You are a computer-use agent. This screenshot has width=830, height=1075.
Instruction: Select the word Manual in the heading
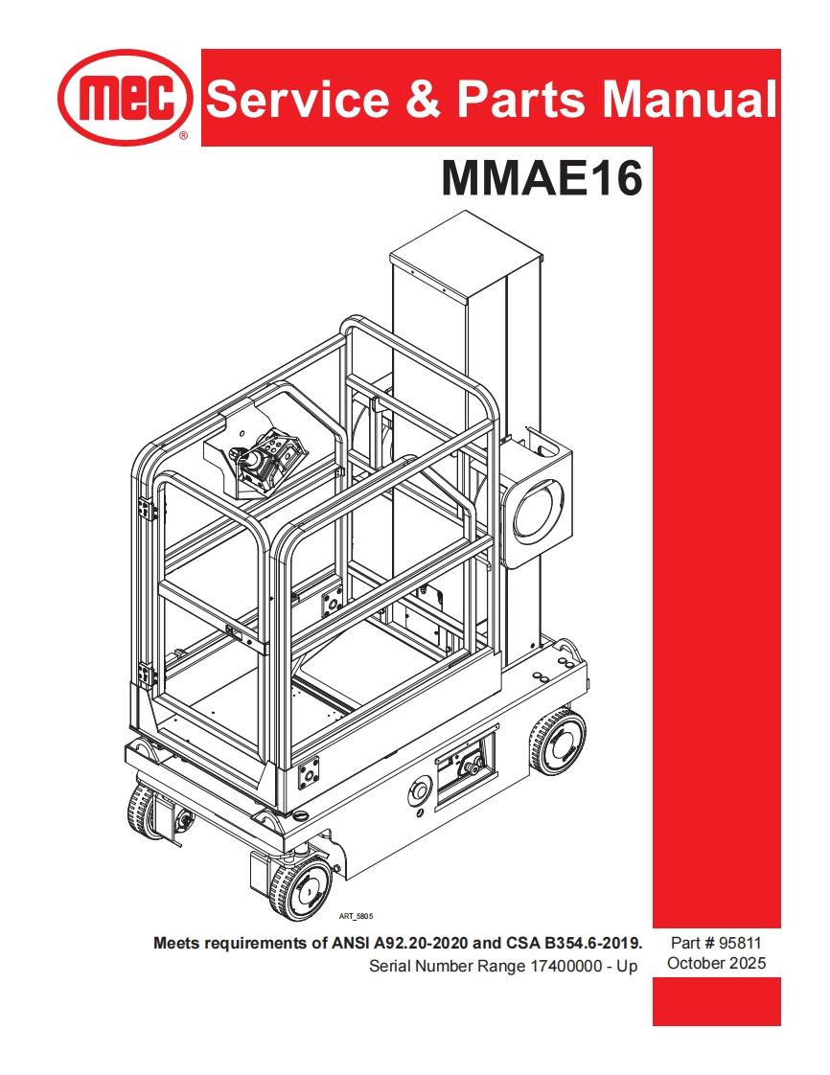pyautogui.click(x=682, y=99)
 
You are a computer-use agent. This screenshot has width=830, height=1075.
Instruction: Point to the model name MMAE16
pyautogui.click(x=542, y=177)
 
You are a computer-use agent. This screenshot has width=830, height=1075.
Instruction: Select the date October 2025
pyautogui.click(x=717, y=964)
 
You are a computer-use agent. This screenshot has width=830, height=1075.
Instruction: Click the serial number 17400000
pyautogui.click(x=572, y=967)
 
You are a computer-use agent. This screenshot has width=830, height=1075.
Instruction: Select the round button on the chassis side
pyautogui.click(x=418, y=791)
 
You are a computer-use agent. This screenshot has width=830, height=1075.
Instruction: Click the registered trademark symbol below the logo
pyautogui.click(x=183, y=137)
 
